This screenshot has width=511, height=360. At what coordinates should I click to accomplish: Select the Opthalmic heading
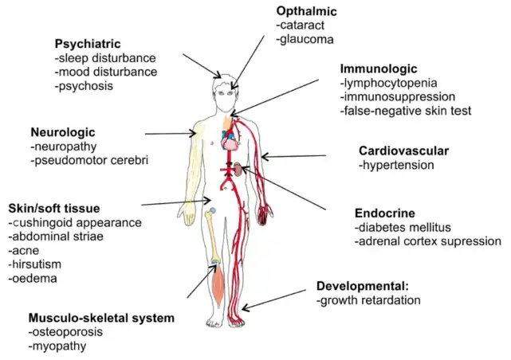(307, 11)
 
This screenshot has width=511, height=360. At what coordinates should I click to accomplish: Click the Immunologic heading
(378, 68)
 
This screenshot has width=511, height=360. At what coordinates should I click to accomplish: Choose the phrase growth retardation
(368, 300)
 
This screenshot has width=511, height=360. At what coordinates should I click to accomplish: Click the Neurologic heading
(63, 131)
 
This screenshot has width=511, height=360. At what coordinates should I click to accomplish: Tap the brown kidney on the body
(238, 168)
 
